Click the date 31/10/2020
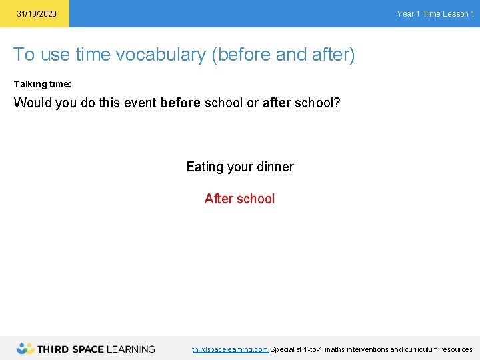(37, 14)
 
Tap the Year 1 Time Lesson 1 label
(435, 14)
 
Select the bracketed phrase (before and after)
(283, 55)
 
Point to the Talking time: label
(43, 84)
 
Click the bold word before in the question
(180, 103)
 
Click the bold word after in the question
(277, 103)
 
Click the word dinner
(273, 167)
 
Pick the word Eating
(205, 167)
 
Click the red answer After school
(239, 199)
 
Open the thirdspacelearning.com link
(230, 349)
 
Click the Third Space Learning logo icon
(25, 348)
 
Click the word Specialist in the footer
(285, 349)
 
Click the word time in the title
(93, 55)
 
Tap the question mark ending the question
(337, 103)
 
